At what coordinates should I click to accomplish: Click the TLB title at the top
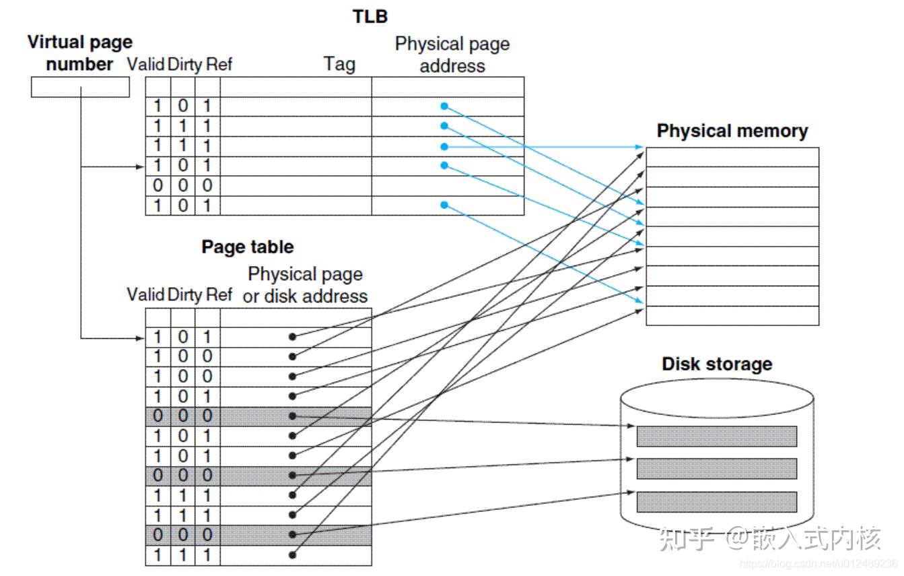pos(370,16)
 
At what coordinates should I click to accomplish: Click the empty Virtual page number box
pos(80,87)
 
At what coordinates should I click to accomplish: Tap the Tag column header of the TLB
pos(339,64)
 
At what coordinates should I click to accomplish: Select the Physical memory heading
pos(732,131)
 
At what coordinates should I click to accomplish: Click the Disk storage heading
pos(716,364)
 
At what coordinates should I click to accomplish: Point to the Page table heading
pos(247,247)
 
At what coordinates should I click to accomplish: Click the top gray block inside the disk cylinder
pos(716,436)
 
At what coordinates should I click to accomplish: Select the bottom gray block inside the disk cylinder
pos(716,502)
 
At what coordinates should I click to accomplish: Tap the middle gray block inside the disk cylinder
pos(716,468)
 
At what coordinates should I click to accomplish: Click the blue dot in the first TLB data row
pos(444,106)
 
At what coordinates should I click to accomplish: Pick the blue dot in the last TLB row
pos(444,205)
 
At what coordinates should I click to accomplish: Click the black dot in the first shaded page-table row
pos(292,416)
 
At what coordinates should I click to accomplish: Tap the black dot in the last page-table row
pos(292,555)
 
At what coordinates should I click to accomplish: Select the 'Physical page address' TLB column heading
pos(452,55)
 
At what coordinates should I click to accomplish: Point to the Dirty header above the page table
pos(184,294)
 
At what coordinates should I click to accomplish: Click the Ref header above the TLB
pos(219,65)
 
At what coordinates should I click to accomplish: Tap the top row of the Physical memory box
pos(732,158)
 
